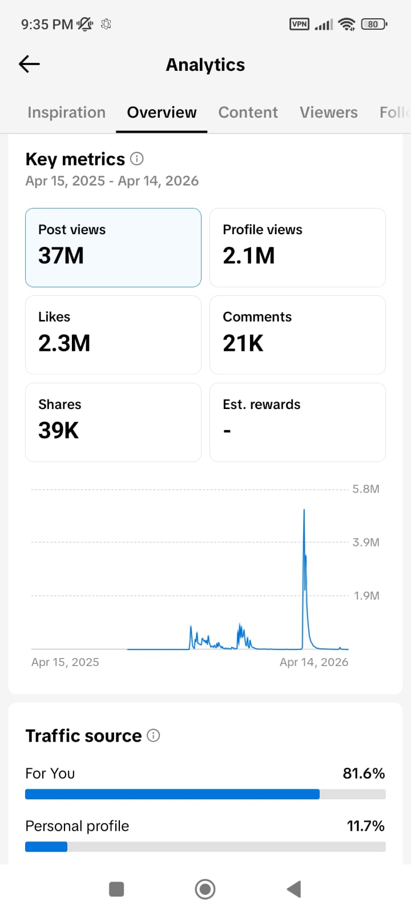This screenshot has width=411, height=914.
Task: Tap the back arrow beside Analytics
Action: [x=29, y=64]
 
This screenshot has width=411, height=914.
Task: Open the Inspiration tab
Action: [x=66, y=112]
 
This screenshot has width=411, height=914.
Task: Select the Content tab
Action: [x=248, y=112]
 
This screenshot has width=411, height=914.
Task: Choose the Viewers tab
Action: [x=329, y=112]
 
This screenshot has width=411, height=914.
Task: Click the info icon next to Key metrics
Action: [x=136, y=159]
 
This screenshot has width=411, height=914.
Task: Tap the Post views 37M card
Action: [x=114, y=248]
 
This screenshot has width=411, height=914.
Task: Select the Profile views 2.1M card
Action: [x=297, y=248]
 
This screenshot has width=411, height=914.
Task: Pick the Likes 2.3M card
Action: [x=114, y=335]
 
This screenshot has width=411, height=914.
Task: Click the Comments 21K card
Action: [x=297, y=335]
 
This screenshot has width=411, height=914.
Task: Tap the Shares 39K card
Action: [x=114, y=422]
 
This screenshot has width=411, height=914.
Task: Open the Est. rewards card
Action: [x=297, y=422]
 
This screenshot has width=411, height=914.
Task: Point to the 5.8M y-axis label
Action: [x=366, y=489]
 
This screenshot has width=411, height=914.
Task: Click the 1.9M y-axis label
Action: [x=366, y=596]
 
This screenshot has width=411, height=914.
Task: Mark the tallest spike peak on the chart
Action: [x=304, y=510]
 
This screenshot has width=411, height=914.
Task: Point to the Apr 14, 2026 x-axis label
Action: [x=314, y=662]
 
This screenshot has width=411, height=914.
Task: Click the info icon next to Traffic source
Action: [x=154, y=736]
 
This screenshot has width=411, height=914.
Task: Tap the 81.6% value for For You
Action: [x=364, y=773]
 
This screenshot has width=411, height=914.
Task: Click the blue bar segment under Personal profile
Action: [x=46, y=847]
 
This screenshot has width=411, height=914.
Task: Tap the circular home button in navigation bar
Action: [x=205, y=889]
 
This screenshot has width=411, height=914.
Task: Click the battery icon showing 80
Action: [x=374, y=24]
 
